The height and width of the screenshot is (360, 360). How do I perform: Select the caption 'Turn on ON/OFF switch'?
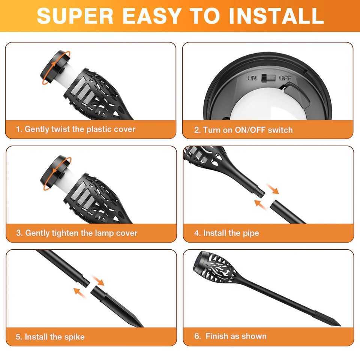point(243,130)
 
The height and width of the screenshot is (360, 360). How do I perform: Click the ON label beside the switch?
point(253,78)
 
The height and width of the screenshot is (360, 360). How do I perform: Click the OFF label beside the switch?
point(285,78)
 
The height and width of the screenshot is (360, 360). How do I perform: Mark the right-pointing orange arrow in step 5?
point(98,280)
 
